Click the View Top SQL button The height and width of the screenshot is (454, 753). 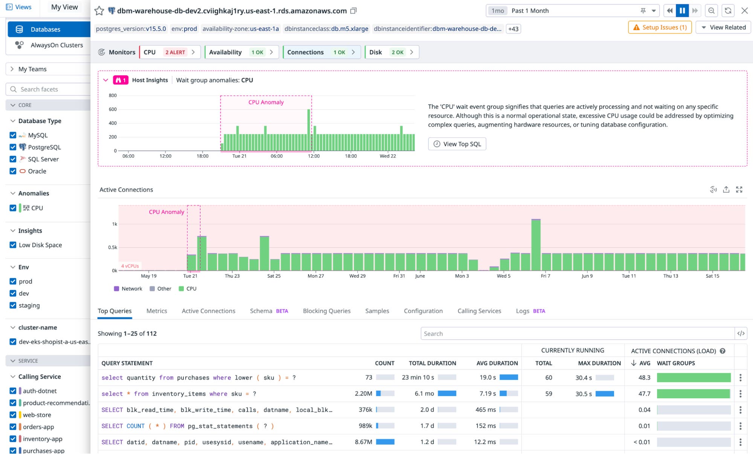457,144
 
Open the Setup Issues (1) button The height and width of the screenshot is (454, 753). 660,27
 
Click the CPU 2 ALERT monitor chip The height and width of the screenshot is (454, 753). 169,52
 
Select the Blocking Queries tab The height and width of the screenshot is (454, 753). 326,311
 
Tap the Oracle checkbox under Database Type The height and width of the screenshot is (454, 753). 13,171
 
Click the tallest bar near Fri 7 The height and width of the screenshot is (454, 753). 536,245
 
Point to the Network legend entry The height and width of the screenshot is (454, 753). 128,289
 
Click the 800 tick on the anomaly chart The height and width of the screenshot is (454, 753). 113,96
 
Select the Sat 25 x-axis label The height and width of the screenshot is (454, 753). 274,276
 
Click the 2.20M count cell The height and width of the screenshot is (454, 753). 363,394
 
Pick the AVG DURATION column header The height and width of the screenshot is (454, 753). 497,363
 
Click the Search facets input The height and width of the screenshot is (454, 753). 49,89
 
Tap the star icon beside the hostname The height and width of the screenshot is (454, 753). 99,11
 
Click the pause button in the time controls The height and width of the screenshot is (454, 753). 682,11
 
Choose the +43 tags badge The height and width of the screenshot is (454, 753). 513,29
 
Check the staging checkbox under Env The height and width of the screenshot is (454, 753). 13,305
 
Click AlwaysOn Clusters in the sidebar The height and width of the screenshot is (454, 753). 57,45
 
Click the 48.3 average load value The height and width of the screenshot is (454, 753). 644,378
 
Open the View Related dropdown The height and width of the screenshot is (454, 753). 723,27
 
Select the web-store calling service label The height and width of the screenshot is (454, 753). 37,415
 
